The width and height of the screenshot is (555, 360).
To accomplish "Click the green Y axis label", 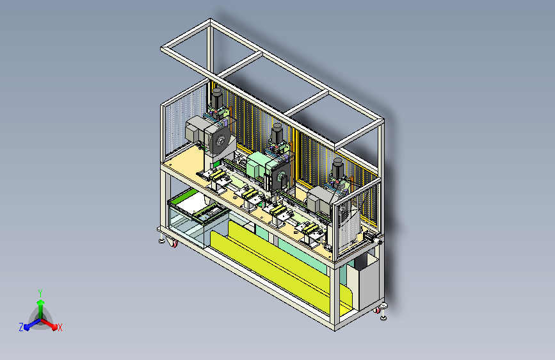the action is coord(40,293).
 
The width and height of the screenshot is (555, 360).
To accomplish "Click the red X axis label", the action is coord(60,328).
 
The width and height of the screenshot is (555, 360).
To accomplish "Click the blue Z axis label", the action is coord(21,327).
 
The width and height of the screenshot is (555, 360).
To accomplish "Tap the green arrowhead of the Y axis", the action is coord(41,302).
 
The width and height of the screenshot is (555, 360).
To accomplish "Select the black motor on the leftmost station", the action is coord(216,98).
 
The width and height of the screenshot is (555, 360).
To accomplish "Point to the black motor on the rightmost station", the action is coord(337,168).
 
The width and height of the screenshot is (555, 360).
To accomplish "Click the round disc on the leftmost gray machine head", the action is coord(219,141).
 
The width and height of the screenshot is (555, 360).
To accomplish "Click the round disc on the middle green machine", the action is coord(282,176).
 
